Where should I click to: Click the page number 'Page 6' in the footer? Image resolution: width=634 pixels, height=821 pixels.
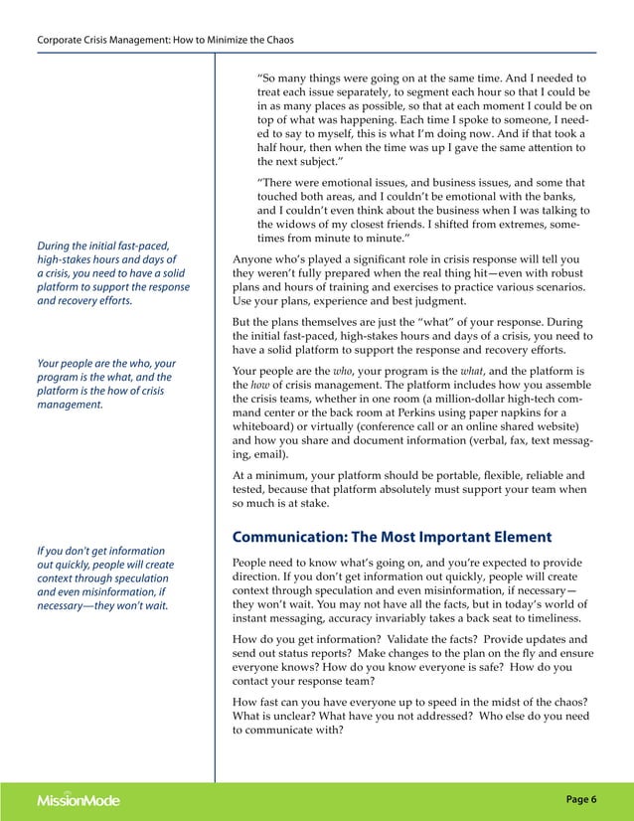pos(581,798)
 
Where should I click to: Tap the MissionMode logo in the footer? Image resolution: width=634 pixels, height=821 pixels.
pos(79,799)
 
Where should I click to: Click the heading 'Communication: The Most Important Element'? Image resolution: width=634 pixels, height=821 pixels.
pos(392,538)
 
